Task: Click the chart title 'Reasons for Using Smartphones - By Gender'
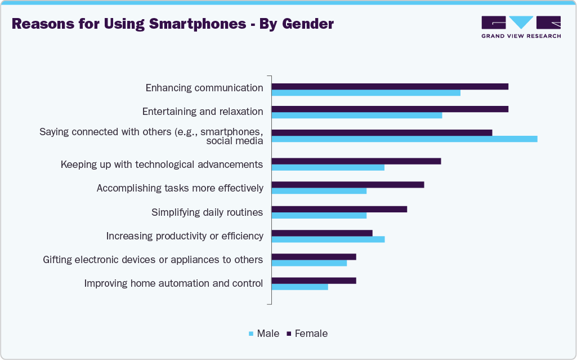tap(173, 24)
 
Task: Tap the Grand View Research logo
tap(521, 26)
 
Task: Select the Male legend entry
tap(264, 334)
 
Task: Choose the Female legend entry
tap(307, 334)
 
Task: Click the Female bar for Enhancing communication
tap(390, 86)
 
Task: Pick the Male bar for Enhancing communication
tap(366, 92)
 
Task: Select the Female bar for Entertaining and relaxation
tap(390, 109)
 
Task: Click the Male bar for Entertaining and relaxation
tap(356, 115)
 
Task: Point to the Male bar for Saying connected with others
tap(404, 139)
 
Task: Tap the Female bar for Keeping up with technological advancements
tap(356, 161)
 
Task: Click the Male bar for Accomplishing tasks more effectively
tap(319, 190)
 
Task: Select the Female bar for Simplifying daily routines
tap(339, 209)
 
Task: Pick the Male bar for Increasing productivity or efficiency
tap(328, 239)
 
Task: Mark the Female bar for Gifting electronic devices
tap(314, 257)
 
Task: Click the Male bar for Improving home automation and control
tap(299, 287)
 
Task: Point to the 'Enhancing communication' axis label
tap(204, 88)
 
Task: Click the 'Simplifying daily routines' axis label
tap(207, 212)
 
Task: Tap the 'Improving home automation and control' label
tap(173, 283)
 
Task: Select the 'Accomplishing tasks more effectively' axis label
tap(180, 188)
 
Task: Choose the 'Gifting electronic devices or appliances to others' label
tap(153, 260)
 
